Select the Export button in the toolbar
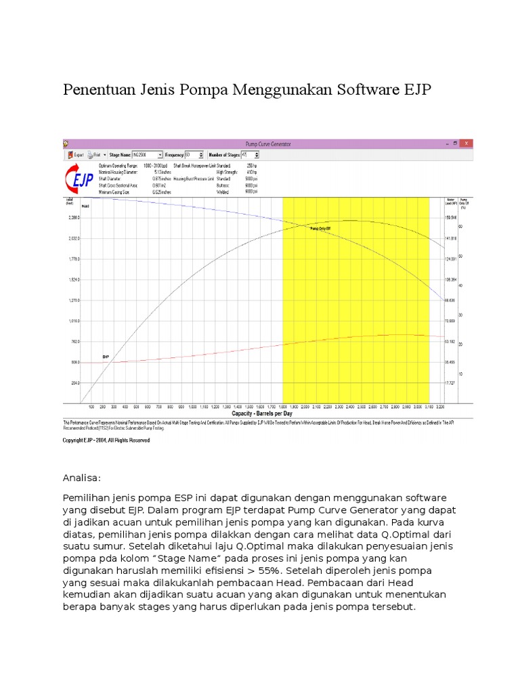tap(76, 154)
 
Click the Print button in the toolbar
tap(95, 154)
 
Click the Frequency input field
tap(192, 154)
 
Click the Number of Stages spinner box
tap(257, 154)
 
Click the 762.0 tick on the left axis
tap(74, 341)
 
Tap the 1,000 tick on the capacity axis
tap(193, 407)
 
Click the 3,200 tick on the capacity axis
tap(440, 407)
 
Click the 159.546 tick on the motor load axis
tap(450, 217)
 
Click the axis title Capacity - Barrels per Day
tap(261, 413)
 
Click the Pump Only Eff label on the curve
tap(320, 229)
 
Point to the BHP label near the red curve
tap(106, 356)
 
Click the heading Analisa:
tap(81, 478)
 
